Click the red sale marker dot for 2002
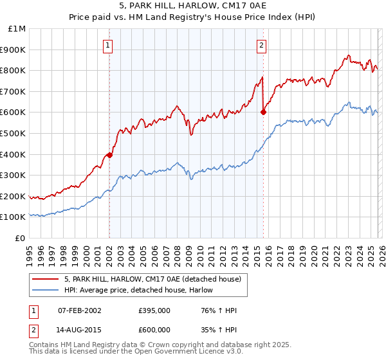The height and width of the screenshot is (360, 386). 109,155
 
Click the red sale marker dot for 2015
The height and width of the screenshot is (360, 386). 263,112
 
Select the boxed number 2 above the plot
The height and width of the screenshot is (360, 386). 262,45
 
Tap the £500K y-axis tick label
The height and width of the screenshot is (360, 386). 14,134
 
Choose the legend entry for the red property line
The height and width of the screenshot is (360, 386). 152,279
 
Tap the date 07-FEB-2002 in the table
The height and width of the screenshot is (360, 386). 79,310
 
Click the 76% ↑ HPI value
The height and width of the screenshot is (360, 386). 218,310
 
